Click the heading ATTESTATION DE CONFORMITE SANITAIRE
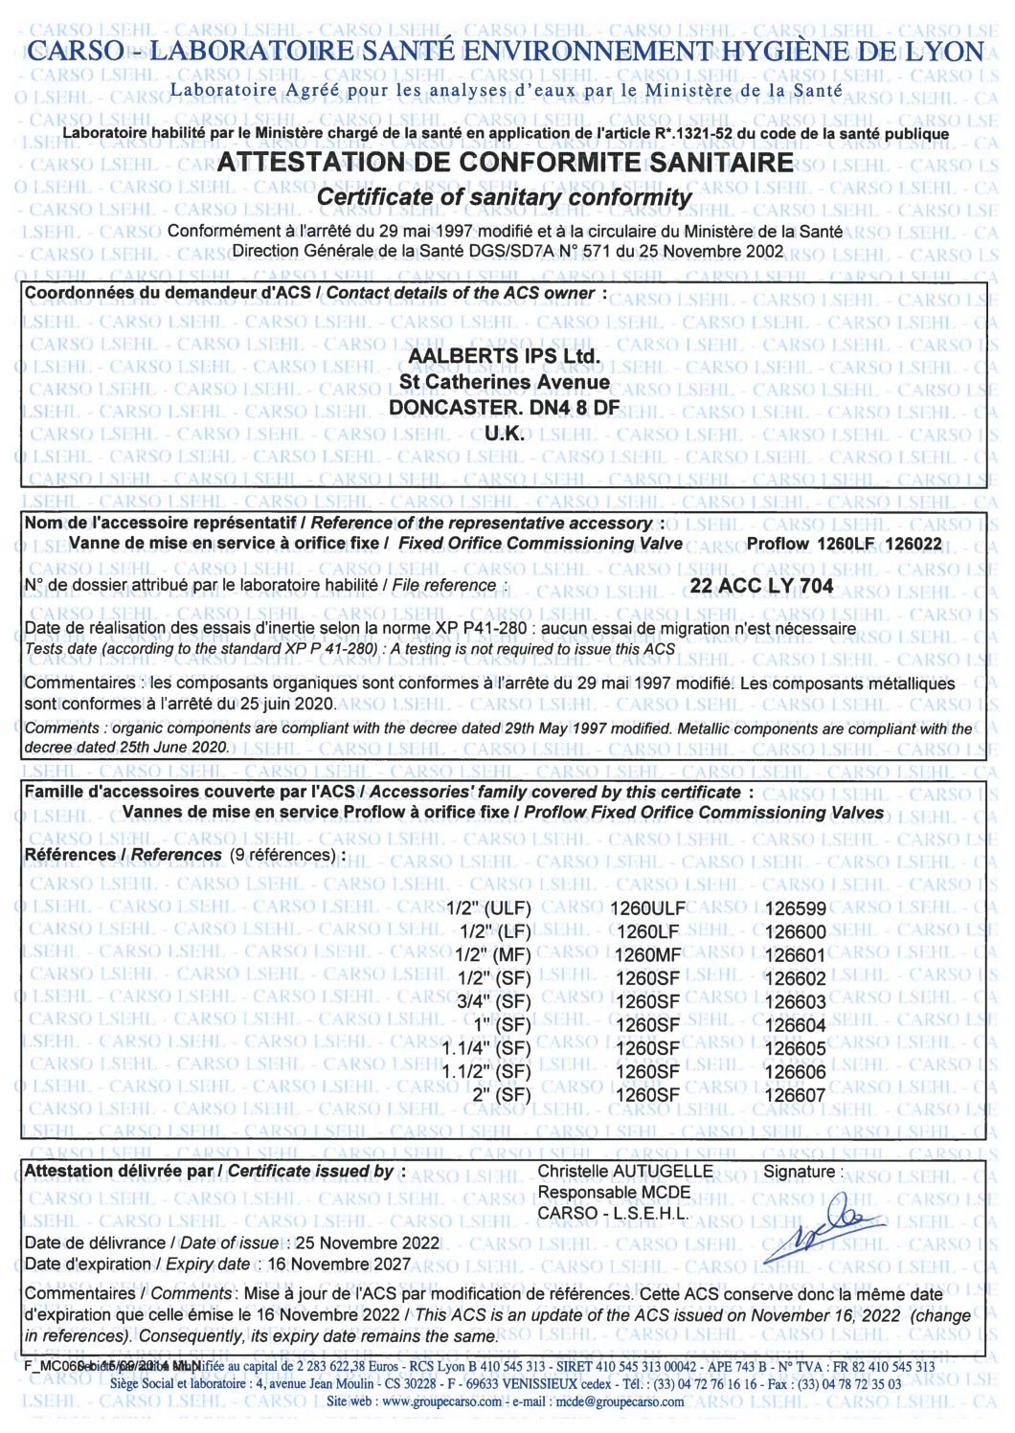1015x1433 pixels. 505,163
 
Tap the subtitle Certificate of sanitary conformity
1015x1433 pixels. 504,197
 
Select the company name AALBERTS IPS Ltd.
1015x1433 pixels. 505,356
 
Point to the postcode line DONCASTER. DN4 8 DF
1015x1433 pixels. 504,408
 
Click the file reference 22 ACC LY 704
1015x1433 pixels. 761,586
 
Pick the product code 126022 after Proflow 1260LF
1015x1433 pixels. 913,545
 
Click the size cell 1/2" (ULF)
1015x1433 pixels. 489,909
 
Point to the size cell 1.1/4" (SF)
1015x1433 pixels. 485,1049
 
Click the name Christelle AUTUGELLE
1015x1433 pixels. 624,1172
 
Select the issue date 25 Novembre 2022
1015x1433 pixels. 367,1243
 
